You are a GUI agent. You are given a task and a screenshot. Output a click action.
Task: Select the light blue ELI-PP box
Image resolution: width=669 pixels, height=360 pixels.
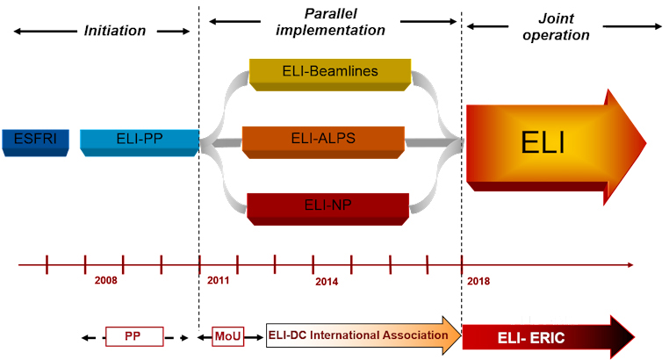pos(139,140)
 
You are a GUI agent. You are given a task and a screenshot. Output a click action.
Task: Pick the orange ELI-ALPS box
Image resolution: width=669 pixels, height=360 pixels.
pos(323,139)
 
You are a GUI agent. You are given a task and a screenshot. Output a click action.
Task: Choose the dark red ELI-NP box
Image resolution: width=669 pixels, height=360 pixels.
pos(327,207)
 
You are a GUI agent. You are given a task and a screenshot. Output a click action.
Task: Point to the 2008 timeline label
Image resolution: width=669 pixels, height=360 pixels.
pos(105,281)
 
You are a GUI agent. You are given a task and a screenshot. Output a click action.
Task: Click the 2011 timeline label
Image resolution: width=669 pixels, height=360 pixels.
pos(219,281)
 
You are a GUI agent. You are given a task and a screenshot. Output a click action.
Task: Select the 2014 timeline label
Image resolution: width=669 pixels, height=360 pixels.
pos(327,281)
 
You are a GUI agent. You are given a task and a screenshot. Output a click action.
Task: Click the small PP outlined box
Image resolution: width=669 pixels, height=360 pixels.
pos(134,336)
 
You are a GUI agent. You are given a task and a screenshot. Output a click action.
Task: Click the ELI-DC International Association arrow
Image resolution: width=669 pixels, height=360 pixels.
pos(360,336)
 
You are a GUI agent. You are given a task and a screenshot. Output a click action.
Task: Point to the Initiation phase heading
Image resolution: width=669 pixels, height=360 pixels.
pos(115,31)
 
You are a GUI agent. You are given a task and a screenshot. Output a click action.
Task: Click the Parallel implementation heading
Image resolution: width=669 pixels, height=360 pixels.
pos(331,22)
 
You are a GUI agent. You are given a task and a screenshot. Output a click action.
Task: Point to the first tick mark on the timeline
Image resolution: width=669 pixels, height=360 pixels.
pos(47,263)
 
